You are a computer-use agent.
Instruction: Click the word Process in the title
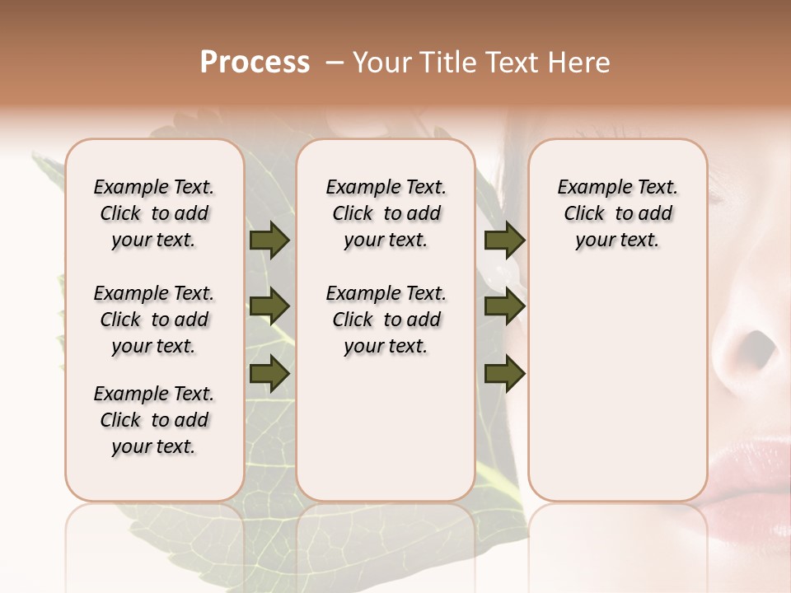255,63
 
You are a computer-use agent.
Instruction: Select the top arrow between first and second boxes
269,240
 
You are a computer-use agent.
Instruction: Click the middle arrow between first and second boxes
269,307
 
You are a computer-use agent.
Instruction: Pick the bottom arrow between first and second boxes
269,373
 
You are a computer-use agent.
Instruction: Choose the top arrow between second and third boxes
504,240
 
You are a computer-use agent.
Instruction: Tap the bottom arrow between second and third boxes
504,373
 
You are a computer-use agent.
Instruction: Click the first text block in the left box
154,213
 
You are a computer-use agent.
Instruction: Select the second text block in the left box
154,320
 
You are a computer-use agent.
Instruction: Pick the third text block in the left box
154,420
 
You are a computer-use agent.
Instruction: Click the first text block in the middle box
386,213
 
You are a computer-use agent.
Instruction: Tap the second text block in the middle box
386,320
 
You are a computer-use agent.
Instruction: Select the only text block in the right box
617,213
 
